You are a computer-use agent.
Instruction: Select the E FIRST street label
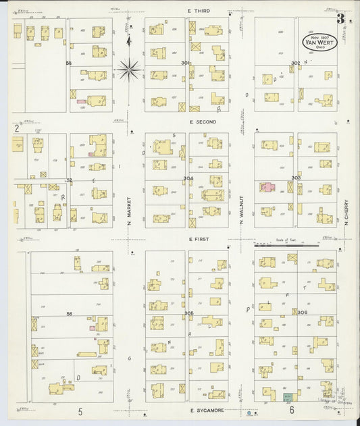pos(201,238)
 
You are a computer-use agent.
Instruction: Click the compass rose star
pos(129,68)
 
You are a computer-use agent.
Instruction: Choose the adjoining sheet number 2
pos(15,127)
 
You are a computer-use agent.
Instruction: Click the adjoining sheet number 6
pos(291,410)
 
